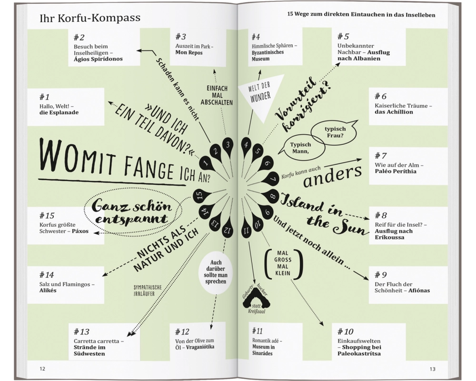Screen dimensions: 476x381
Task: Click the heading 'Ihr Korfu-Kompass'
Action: tap(90, 18)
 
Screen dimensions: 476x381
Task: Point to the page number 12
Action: tap(42, 369)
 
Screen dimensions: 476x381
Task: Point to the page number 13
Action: tap(432, 369)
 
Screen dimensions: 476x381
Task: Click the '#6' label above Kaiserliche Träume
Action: tap(380, 96)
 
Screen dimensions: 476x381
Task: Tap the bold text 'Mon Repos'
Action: tap(189, 52)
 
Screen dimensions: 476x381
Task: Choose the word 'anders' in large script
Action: tap(333, 177)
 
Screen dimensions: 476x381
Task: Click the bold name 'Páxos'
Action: tap(80, 231)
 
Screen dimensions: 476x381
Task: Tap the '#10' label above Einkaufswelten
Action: tap(346, 331)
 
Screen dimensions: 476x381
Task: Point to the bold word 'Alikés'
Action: tap(48, 291)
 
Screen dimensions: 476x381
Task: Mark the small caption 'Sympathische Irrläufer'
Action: tap(148, 291)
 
